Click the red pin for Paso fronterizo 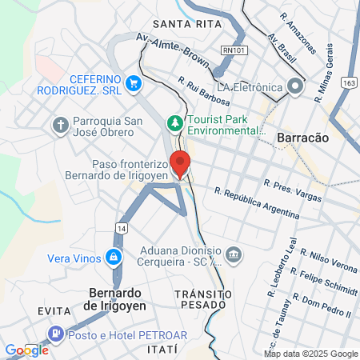click(x=180, y=164)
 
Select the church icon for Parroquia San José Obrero click(x=60, y=125)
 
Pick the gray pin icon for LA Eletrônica click(x=296, y=86)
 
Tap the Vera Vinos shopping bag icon click(x=114, y=257)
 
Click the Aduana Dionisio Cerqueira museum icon click(x=233, y=254)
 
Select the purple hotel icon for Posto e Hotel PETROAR click(x=55, y=333)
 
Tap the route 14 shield click(x=119, y=228)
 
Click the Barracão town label click(x=302, y=138)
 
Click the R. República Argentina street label click(x=257, y=204)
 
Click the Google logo click(x=26, y=350)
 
